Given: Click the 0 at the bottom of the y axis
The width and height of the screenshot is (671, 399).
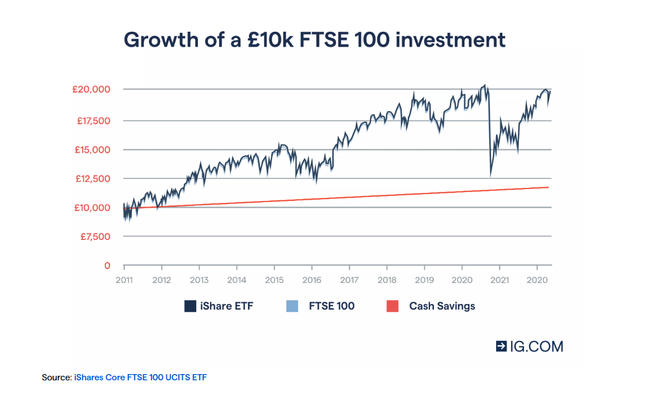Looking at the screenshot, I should pos(107,265).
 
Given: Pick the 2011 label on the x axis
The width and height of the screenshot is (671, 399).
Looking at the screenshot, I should pos(124,280).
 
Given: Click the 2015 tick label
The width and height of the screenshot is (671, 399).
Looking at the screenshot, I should pos(274,280).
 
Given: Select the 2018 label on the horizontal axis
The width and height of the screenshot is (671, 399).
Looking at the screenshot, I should pos(387,280).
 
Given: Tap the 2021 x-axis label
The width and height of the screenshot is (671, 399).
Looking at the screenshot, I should pos(500,280).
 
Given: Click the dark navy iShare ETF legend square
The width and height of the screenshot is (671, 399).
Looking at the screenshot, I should pos(190,306).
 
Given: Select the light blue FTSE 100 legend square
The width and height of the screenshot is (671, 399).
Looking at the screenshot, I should pos(291,306).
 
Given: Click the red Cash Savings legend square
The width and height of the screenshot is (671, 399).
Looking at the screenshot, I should pos(392,306).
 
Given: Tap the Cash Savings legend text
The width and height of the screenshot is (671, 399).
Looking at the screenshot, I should pos(442,306).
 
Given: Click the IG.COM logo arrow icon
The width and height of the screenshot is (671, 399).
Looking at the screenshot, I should pos(501,346).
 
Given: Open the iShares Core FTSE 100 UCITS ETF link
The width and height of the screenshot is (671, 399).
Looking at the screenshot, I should pos(140,377).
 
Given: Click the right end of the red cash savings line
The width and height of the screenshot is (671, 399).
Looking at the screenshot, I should pos(548,187).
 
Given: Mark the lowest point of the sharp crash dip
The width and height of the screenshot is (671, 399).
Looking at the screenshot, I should pos(491,176).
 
